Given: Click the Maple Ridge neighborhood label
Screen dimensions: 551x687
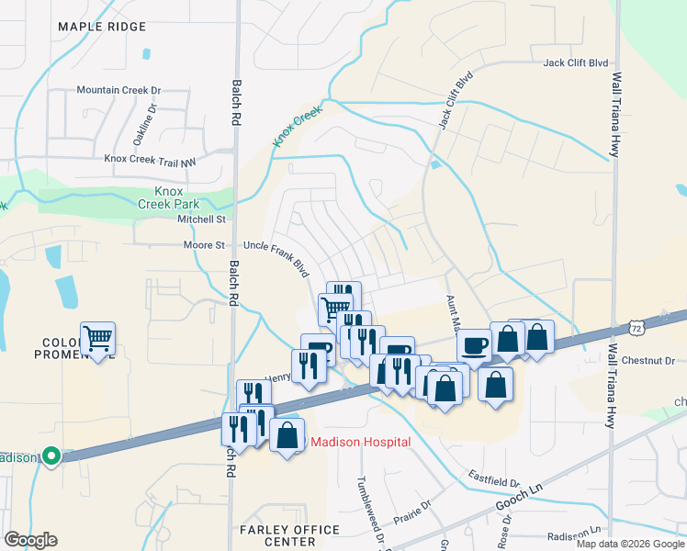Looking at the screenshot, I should point(102,27).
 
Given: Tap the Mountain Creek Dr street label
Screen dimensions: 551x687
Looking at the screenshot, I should point(118,90).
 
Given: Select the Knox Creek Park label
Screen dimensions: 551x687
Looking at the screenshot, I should point(171,197).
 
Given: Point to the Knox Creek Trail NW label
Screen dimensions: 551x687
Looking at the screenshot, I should point(151,159).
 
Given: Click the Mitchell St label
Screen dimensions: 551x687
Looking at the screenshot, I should point(201,220).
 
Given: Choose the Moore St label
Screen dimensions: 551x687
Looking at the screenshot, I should point(205,246).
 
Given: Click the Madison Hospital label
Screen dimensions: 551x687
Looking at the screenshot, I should point(359,442).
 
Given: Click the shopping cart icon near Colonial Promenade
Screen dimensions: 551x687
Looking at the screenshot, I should point(98,339).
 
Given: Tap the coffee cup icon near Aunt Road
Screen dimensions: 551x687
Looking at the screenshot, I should point(474,344).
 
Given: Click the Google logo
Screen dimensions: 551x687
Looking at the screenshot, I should point(30,540).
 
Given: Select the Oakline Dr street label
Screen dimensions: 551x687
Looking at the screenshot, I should point(147,123).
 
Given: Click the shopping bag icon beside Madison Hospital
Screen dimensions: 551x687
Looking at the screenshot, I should point(287,435).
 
